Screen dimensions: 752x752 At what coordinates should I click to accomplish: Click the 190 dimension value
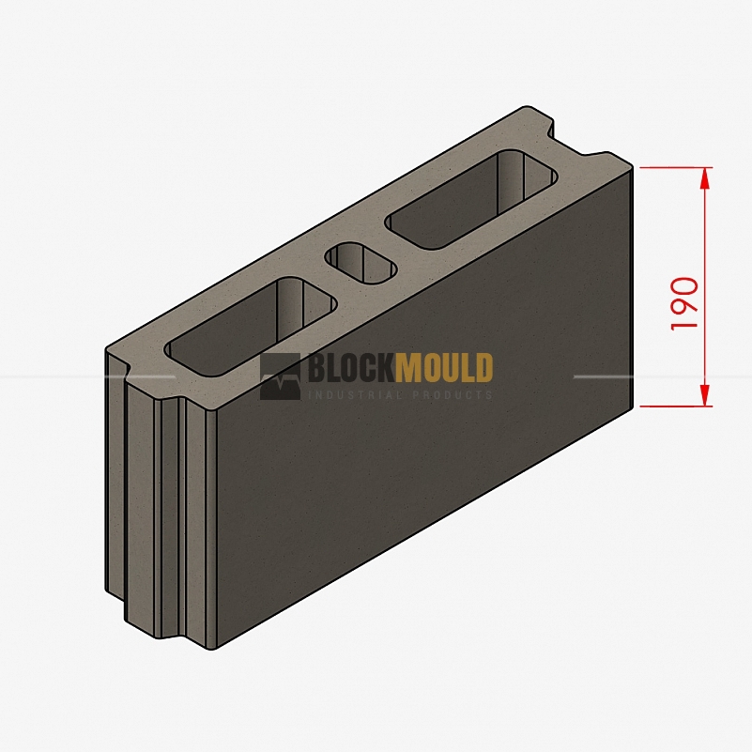pyautogui.click(x=684, y=303)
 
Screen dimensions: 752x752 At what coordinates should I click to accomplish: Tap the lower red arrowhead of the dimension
pyautogui.click(x=704, y=394)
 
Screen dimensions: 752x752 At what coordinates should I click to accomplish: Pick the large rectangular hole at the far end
pyautogui.click(x=473, y=200)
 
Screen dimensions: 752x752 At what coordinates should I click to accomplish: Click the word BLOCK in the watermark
pyautogui.click(x=351, y=368)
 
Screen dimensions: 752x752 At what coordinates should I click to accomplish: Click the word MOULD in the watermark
pyautogui.click(x=445, y=368)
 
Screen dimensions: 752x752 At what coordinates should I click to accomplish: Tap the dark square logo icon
pyautogui.click(x=280, y=376)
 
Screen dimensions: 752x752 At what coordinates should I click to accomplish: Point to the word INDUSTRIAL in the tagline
pyautogui.click(x=356, y=395)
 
